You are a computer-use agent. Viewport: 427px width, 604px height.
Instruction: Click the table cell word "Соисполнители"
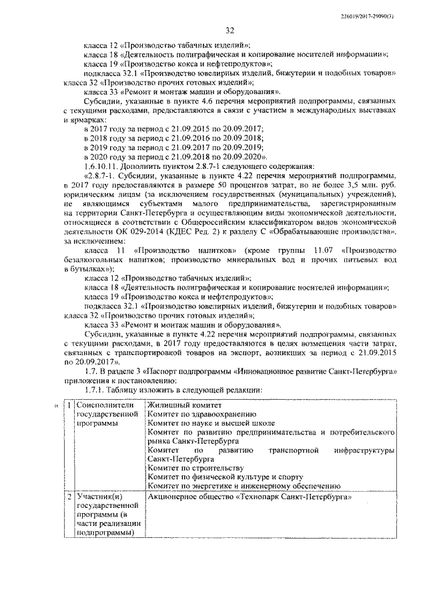coord(106,405)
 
